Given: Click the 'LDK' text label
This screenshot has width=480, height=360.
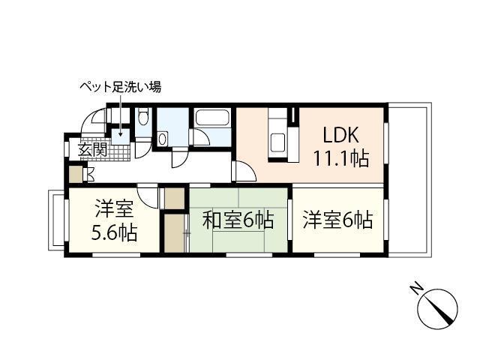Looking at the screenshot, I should pos(340,136).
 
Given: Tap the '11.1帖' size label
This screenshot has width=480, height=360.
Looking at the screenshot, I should pos(340,158).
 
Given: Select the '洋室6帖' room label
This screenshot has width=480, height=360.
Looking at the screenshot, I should pos(337,220).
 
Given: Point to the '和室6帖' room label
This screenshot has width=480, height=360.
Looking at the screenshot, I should pos(238,220).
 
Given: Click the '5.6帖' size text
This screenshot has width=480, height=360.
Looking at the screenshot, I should pos(114,232).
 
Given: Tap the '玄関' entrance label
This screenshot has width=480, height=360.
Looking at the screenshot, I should pos(93,148).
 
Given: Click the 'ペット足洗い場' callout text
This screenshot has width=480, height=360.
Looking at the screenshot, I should pos(120,87).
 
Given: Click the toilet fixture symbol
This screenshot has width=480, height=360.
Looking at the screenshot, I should pos(142,118).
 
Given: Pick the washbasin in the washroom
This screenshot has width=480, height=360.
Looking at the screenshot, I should pos(163,139).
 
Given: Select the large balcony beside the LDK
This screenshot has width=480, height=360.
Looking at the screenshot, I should pos(408,180).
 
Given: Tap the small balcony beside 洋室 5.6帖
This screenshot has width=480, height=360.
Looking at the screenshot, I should pos(57,220).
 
